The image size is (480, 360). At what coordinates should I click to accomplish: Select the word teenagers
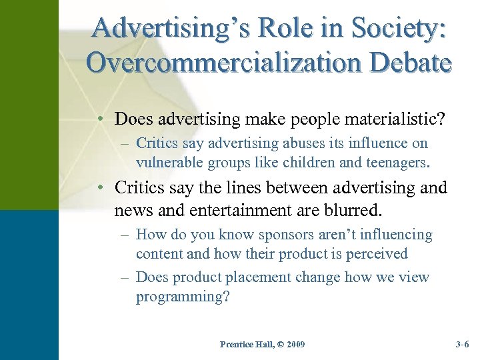click(394, 161)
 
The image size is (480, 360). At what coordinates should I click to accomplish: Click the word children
click(312, 161)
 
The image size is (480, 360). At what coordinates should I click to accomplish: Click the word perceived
click(375, 253)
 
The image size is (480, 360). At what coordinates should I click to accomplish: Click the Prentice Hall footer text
click(244, 345)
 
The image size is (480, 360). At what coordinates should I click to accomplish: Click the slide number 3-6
click(462, 345)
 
